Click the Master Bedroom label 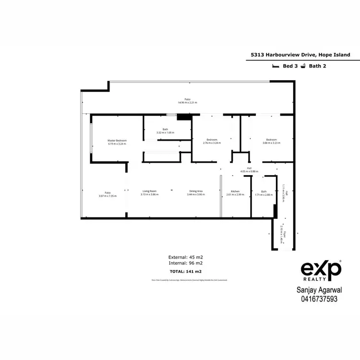(117, 140)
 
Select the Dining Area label (196, 191)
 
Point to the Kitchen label (235, 191)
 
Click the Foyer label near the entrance (284, 236)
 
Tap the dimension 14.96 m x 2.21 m (188, 103)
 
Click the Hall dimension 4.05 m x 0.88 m (249, 171)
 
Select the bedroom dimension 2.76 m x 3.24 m (211, 143)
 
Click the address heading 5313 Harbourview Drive (304, 55)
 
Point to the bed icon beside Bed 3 (276, 66)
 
